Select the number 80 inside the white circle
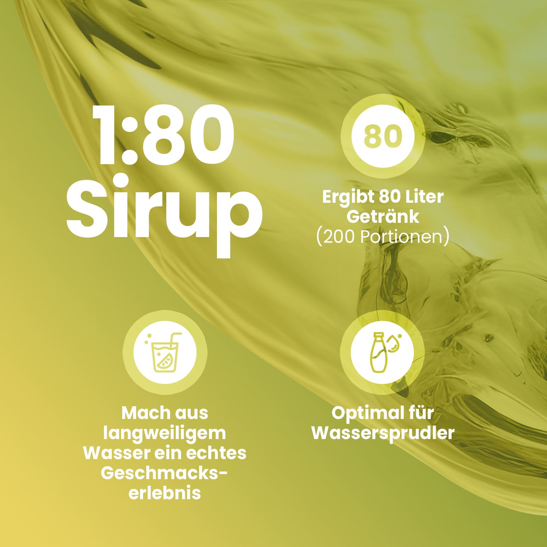[x=383, y=136]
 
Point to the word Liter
[x=426, y=197]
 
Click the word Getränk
[x=383, y=217]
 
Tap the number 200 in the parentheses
[x=339, y=237]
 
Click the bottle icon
[x=377, y=352]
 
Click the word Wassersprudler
[x=383, y=434]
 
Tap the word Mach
[x=143, y=413]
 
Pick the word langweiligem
[x=165, y=434]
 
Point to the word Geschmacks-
[x=164, y=473]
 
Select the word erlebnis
[x=165, y=493]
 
